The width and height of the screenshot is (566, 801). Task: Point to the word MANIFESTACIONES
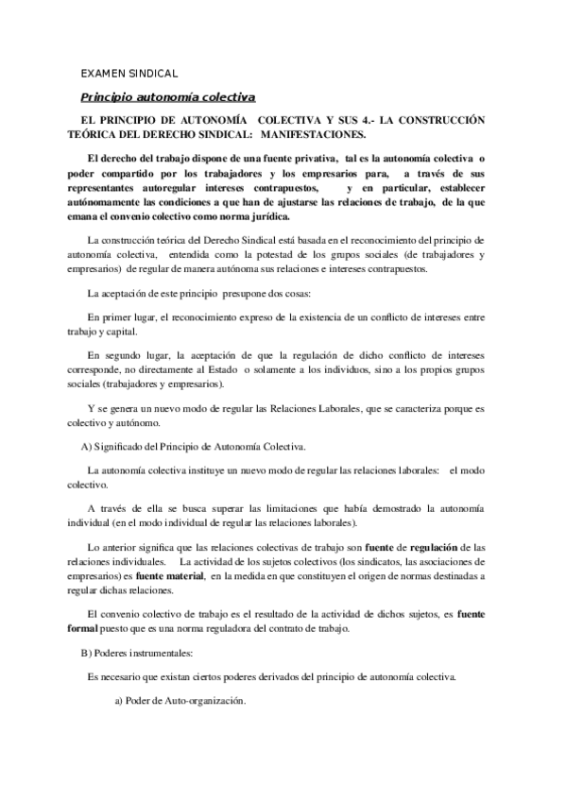click(x=303, y=135)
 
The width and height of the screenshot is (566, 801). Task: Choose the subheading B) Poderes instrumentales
click(x=138, y=654)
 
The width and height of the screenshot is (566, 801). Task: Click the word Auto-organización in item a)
click(x=206, y=703)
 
